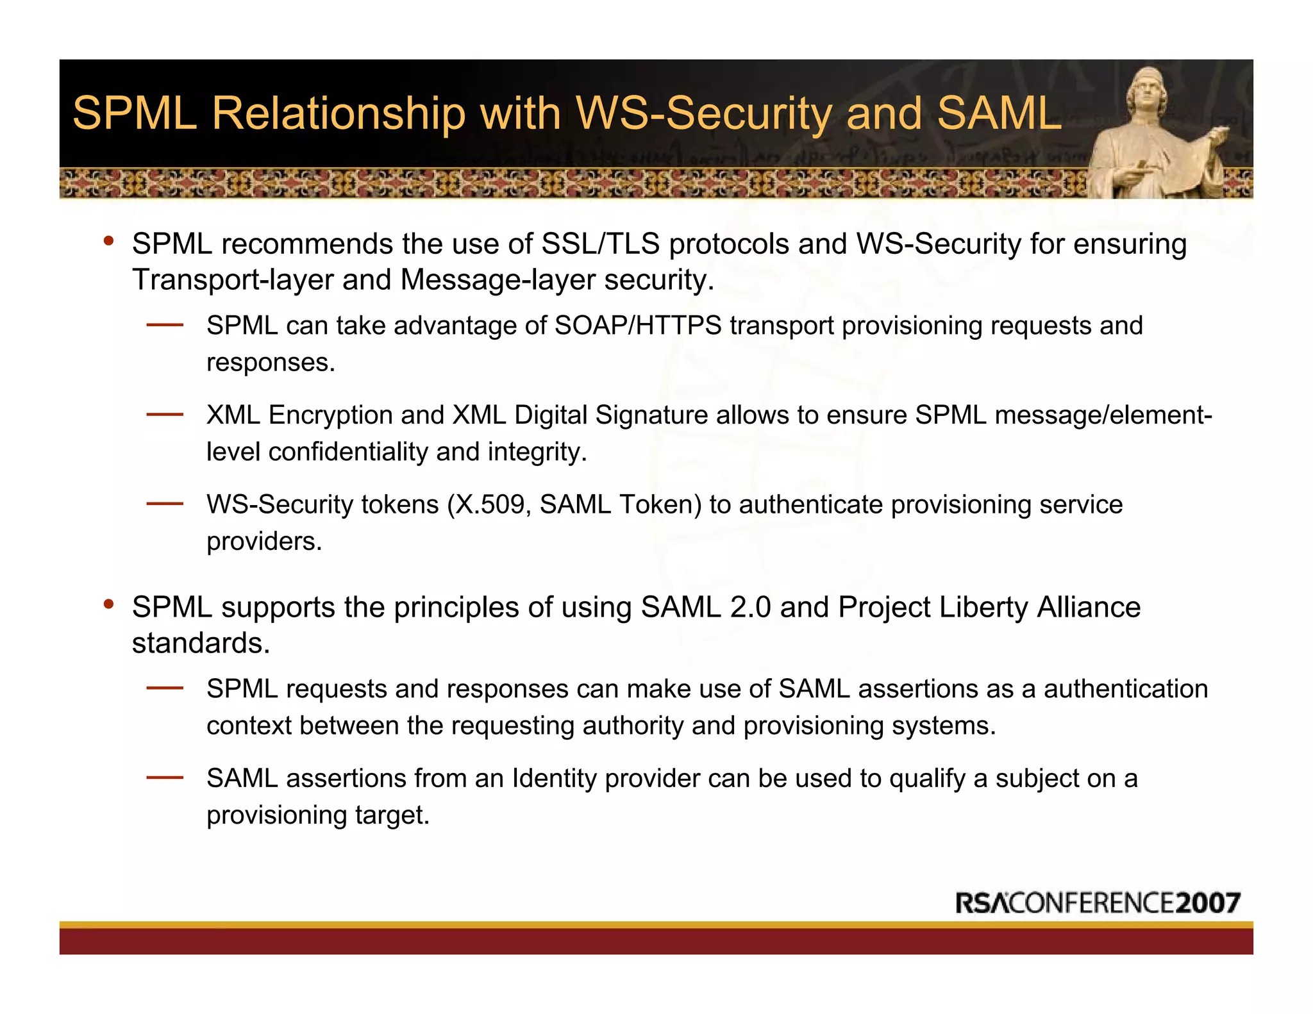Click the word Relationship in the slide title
point(338,113)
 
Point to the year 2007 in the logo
point(1208,903)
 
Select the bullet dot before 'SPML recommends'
point(109,242)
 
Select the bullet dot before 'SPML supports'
point(109,604)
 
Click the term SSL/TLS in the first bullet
point(601,244)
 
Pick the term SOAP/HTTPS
point(638,326)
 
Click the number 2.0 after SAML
point(749,608)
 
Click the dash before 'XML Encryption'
point(165,415)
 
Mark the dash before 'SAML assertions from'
point(165,778)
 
